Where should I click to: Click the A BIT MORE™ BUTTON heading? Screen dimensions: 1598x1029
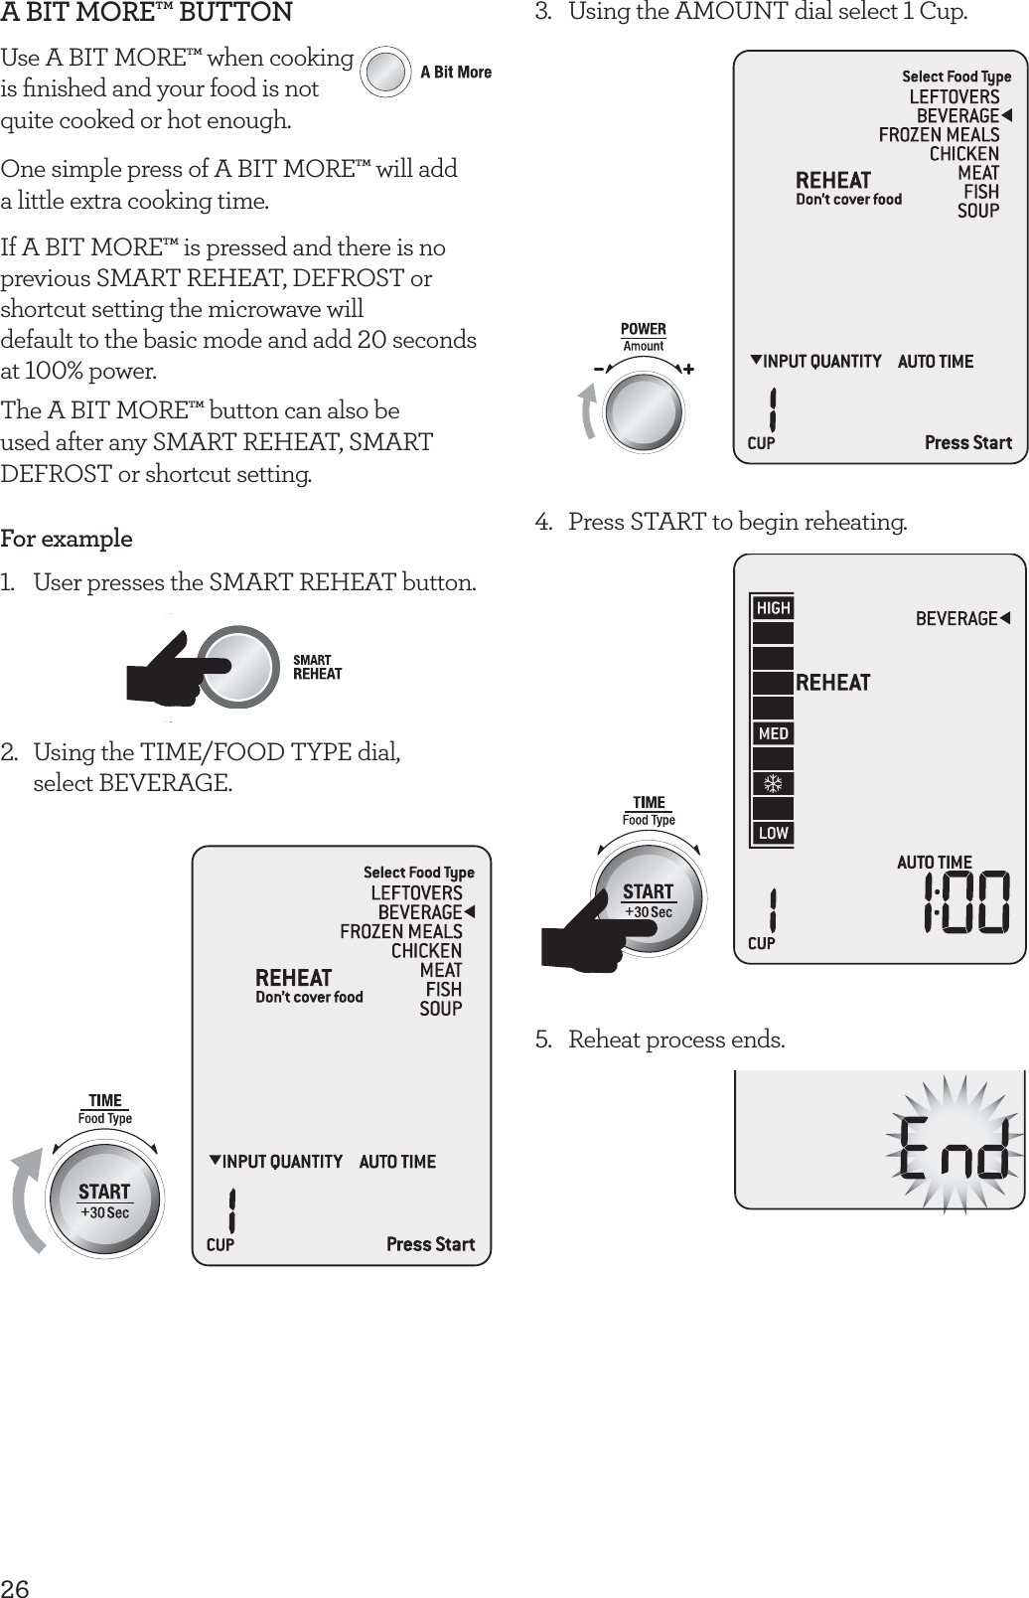(x=147, y=13)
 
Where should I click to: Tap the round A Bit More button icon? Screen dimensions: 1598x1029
(x=385, y=72)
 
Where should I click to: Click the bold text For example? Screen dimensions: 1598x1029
(x=67, y=539)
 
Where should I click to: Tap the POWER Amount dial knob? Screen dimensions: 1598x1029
(x=645, y=410)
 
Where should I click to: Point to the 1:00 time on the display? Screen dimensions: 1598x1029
(x=964, y=902)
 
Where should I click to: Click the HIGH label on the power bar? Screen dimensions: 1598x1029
(x=773, y=608)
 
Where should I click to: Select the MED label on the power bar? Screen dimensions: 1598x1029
(x=773, y=733)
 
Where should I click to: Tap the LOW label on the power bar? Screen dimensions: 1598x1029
(x=773, y=833)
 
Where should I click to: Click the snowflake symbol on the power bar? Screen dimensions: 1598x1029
(x=773, y=784)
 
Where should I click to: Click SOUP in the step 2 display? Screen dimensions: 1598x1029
(x=441, y=1009)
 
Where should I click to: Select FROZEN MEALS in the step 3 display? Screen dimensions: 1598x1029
(x=939, y=134)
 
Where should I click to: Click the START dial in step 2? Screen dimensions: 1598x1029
(x=105, y=1200)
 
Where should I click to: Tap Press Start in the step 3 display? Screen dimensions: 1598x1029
(x=967, y=442)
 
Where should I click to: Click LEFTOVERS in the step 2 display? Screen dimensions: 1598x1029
(x=416, y=892)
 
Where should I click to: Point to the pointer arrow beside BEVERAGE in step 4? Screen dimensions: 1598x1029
(x=1005, y=618)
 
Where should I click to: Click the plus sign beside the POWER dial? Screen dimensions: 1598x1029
(x=688, y=368)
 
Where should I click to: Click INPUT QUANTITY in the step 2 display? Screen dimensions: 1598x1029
(x=282, y=1161)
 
